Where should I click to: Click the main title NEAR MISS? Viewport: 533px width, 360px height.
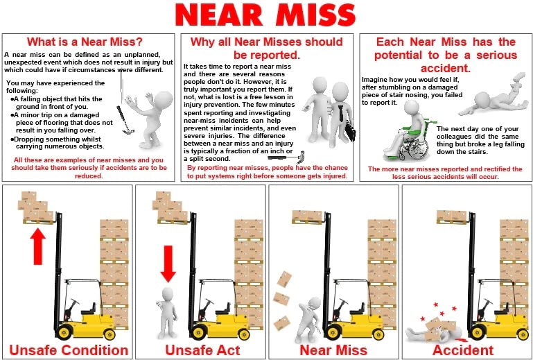[266, 15]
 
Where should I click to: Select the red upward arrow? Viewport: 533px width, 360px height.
[38, 246]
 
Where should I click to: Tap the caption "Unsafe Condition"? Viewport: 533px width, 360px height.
[68, 349]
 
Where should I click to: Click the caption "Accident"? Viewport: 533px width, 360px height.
[462, 349]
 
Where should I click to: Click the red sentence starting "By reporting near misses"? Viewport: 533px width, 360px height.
[266, 172]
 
